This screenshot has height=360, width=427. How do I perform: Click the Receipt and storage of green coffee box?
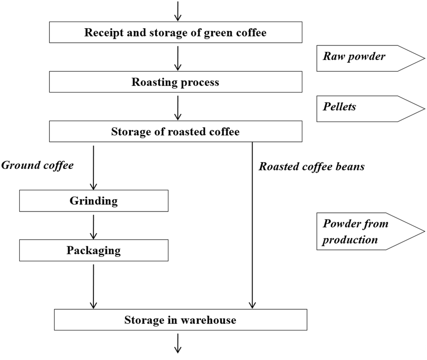175,33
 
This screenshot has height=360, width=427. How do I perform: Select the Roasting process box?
175,82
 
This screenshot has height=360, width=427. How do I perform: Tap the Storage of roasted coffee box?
175,132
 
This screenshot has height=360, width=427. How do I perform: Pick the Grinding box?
93,201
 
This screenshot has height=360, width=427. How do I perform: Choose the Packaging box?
93,250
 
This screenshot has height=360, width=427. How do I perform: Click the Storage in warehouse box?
180,320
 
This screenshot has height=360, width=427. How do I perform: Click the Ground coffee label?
37,166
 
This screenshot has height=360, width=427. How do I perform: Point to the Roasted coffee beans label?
311,167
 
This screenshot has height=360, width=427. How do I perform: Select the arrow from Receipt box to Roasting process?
178,57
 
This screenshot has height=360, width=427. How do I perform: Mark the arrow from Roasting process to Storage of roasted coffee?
178,107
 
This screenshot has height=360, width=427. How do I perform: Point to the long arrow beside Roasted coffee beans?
252,225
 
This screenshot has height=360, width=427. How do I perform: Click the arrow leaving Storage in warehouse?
178,343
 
